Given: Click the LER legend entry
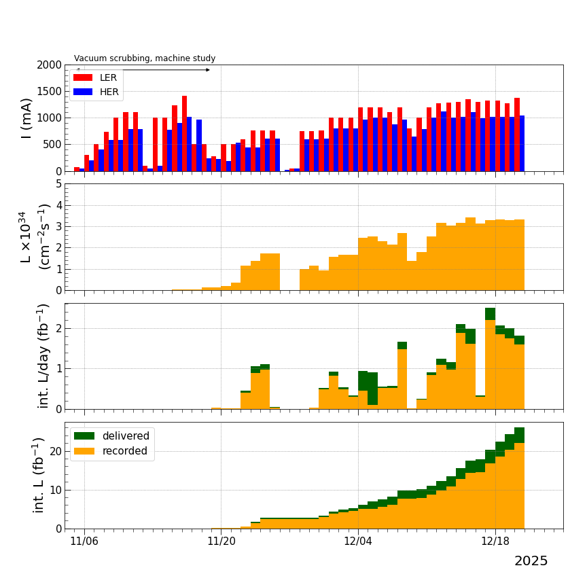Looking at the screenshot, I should pyautogui.click(x=96, y=77).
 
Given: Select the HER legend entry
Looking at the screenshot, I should pyautogui.click(x=96, y=92).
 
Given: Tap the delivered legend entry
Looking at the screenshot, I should pyautogui.click(x=113, y=436).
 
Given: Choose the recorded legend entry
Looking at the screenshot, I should pyautogui.click(x=113, y=451).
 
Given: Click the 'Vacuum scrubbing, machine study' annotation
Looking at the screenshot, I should pyautogui.click(x=145, y=58).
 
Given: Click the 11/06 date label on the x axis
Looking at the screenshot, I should pyautogui.click(x=84, y=541).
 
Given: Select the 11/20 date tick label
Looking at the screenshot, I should pyautogui.click(x=221, y=541).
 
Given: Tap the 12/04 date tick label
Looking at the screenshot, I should pyautogui.click(x=358, y=541).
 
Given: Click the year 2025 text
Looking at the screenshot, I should pyautogui.click(x=531, y=561).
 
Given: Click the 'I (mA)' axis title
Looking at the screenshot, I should pyautogui.click(x=27, y=118).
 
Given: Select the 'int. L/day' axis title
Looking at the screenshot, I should pyautogui.click(x=43, y=356).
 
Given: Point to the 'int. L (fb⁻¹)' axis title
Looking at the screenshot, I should pyautogui.click(x=39, y=475).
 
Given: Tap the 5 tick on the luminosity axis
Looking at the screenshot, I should pyautogui.click(x=58, y=184).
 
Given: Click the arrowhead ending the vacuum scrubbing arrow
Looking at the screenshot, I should pyautogui.click(x=207, y=70).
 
